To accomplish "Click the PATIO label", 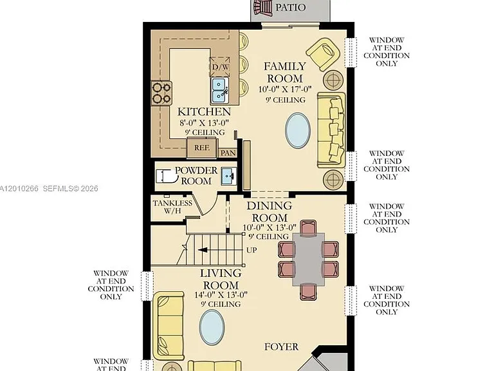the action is [x=290, y=7].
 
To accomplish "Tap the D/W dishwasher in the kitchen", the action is [x=220, y=67].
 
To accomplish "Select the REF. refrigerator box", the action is [x=201, y=147].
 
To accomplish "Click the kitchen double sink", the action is [x=220, y=91].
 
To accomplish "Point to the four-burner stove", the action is [x=161, y=93].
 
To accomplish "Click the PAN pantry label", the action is [x=228, y=153].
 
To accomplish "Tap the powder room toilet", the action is [x=165, y=176].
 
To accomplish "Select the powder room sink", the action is [x=229, y=176].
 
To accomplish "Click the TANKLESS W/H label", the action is [x=172, y=207].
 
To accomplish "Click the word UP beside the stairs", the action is [x=252, y=250].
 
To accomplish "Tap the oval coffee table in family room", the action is [x=298, y=130].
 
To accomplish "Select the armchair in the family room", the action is [x=324, y=54].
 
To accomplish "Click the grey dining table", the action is [x=309, y=260].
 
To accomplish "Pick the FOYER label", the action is [x=281, y=347].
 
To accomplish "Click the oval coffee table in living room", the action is [x=212, y=327].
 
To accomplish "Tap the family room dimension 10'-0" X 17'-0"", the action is [x=285, y=90].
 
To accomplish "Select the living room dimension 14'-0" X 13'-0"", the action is [x=221, y=294].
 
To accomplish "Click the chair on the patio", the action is [x=262, y=7].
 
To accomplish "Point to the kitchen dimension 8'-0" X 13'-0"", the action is [x=204, y=123].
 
